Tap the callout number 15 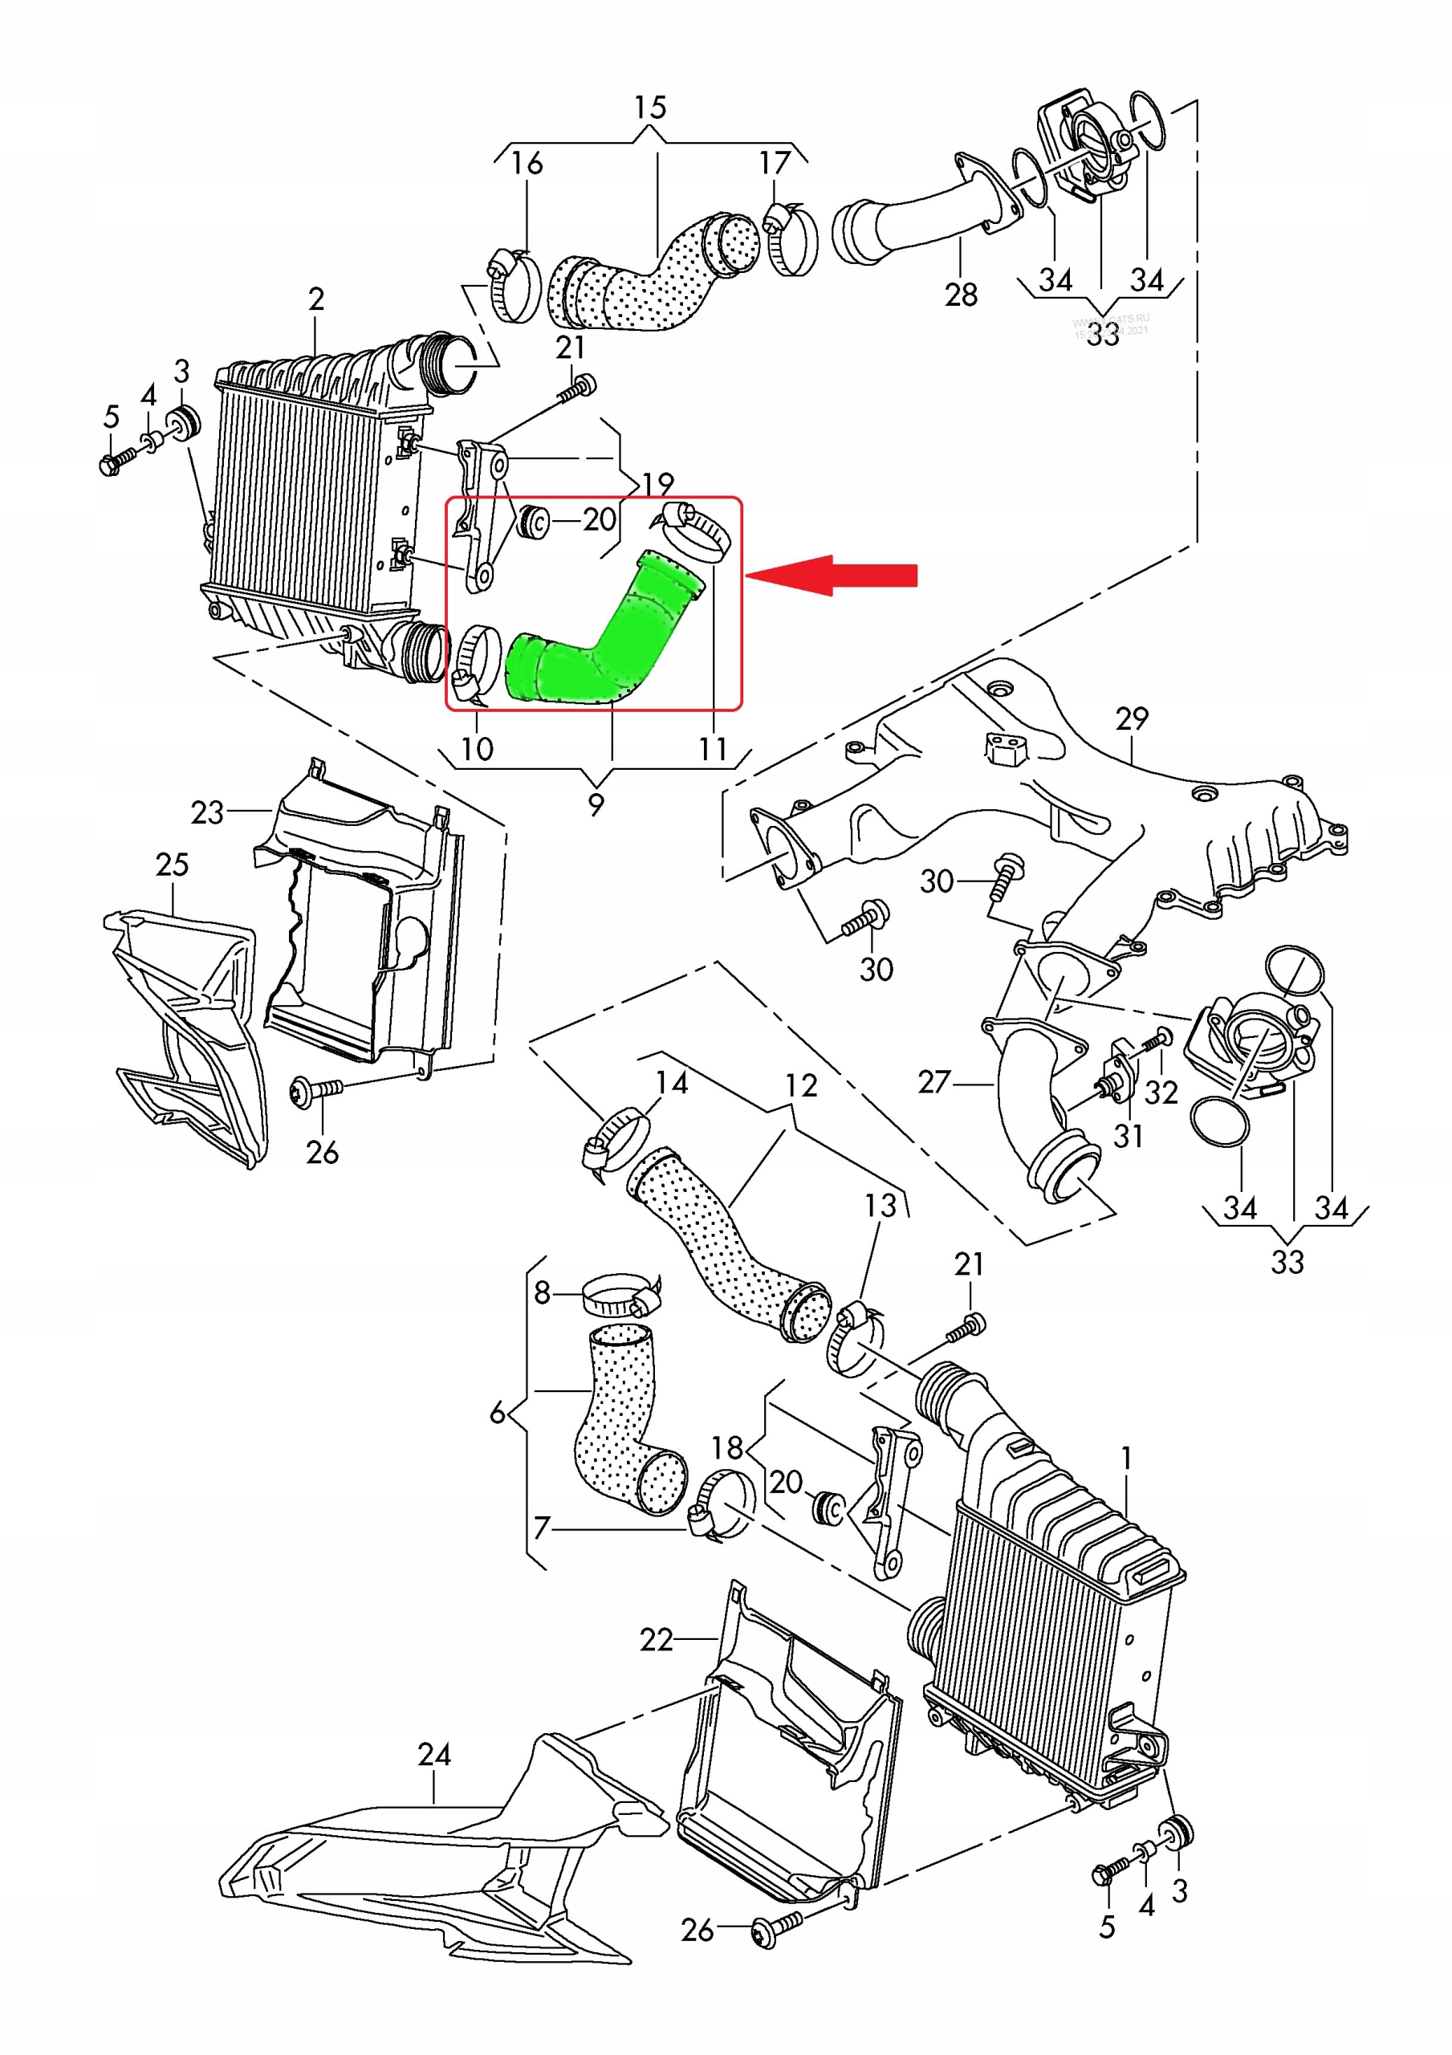point(650,108)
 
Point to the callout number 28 point(961,295)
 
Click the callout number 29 point(1132,718)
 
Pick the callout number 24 point(434,1754)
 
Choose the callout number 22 point(657,1640)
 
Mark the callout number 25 point(172,865)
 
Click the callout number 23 point(207,812)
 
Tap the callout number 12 point(801,1085)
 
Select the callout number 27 point(933,1082)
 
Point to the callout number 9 point(596,803)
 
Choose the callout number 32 point(1161,1093)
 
